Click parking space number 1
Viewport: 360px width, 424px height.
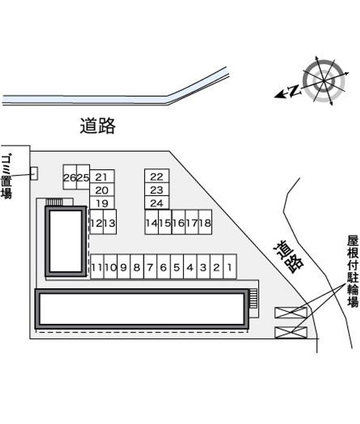[230, 267]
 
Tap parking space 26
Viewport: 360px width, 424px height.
[69, 177]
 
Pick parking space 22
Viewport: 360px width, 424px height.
[157, 176]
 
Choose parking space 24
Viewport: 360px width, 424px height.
[157, 203]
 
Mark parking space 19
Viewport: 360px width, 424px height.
[102, 203]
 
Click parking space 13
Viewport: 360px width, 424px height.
[110, 222]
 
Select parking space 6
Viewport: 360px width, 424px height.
[163, 267]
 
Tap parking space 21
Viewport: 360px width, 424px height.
[102, 176]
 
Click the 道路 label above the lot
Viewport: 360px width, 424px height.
[98, 126]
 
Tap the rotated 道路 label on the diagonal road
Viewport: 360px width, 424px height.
[288, 257]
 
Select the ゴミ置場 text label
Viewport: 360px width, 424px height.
[6, 176]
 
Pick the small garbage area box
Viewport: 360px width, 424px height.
[33, 174]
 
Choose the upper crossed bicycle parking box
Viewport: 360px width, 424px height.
[291, 312]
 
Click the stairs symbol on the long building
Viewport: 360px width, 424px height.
[253, 299]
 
